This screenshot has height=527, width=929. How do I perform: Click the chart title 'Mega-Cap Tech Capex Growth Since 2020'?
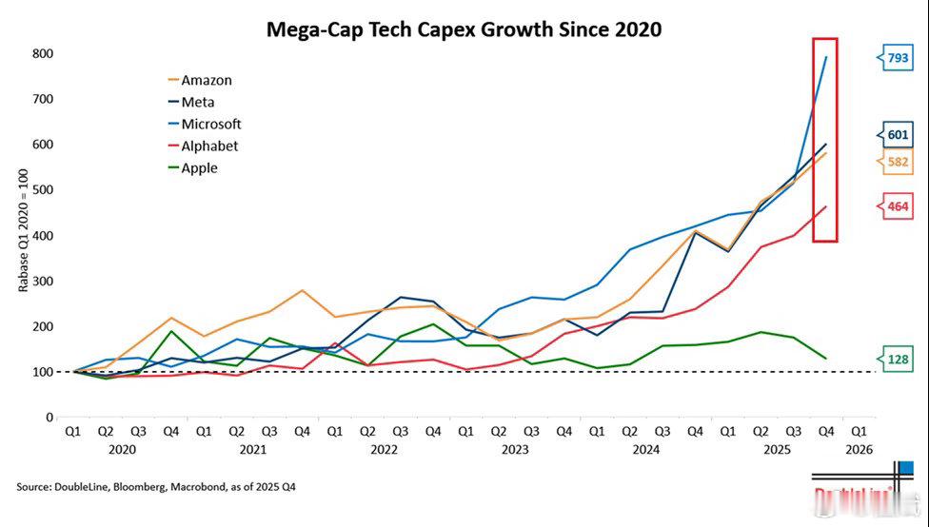coord(464,29)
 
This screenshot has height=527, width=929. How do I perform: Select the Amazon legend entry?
coord(206,81)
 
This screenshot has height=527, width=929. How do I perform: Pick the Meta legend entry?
coord(199,103)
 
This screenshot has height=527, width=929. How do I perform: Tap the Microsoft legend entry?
coord(210,125)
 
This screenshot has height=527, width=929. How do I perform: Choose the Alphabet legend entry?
coord(209,146)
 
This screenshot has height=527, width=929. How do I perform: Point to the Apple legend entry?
coord(199,168)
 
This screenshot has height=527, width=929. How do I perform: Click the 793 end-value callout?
coord(897,59)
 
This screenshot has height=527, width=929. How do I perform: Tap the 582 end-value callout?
coord(897,163)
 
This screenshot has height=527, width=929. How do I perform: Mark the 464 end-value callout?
coord(897,206)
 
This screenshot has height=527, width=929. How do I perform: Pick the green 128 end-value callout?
coord(897,360)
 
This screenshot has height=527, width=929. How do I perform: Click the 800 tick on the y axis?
coord(42,54)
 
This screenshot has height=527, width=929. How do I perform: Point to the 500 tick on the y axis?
coord(42,190)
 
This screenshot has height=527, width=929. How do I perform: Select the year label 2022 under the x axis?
coord(384,449)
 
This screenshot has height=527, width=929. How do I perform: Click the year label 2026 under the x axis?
coord(859,449)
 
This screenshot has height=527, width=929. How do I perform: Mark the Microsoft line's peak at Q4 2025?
coord(825,57)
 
